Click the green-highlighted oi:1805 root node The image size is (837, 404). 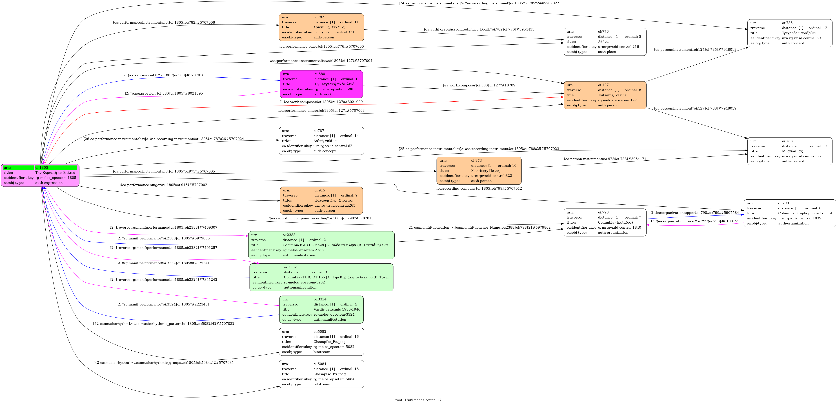40,175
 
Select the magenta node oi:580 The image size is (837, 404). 321,84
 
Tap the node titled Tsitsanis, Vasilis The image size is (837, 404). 605,95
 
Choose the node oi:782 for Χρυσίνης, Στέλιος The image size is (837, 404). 321,27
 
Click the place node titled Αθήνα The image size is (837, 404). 605,42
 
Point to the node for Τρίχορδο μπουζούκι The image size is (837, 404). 790,33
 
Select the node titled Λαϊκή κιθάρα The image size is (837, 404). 321,141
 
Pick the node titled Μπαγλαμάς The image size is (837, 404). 790,151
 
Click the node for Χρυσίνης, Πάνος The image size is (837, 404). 479,171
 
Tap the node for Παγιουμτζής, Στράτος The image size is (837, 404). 321,200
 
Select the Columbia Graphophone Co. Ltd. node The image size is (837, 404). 790,213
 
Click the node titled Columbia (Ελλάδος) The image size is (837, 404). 605,222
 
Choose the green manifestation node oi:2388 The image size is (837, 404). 321,245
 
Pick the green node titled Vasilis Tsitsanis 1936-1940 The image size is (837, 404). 321,309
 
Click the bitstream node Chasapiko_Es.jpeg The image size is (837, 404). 321,342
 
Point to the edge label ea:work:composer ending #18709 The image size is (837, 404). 479,85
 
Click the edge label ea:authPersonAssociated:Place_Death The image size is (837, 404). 479,29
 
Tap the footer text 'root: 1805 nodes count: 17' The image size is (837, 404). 418,400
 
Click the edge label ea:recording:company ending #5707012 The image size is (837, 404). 479,188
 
